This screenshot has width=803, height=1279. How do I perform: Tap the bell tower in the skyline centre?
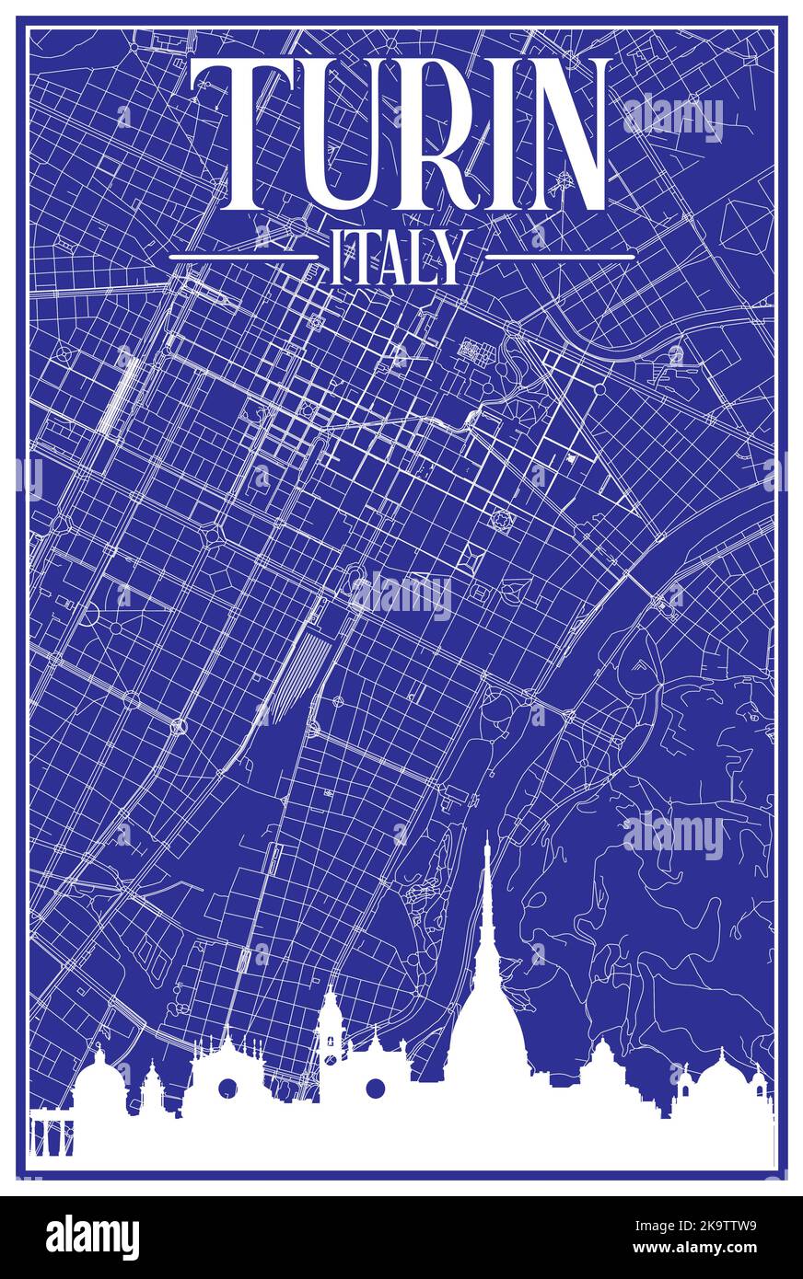(x=331, y=1026)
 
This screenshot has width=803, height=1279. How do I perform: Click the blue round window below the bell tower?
(x=375, y=1089)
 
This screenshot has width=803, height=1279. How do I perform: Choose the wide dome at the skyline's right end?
(x=727, y=1077)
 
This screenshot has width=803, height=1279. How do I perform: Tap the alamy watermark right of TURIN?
(x=673, y=117)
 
